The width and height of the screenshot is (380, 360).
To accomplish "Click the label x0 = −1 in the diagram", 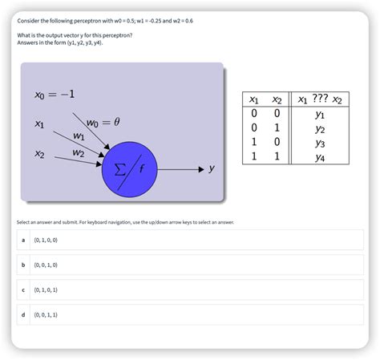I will point(55,95).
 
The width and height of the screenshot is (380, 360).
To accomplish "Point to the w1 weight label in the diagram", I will point(79,136).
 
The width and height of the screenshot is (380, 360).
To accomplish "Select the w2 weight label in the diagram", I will point(78,152).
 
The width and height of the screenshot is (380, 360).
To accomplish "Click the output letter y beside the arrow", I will point(212,169).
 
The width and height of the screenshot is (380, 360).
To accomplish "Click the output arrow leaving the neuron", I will point(180,170).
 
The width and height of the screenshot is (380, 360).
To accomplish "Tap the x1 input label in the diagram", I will point(39,124).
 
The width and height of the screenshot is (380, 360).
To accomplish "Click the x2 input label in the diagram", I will point(39,153).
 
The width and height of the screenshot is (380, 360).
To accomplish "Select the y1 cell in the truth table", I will point(320,114).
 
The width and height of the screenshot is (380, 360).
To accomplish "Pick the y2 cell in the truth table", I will point(320,128).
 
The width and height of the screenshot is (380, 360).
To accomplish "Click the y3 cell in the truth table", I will point(320,143).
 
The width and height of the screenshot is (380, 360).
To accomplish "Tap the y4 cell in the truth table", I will point(320,157).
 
